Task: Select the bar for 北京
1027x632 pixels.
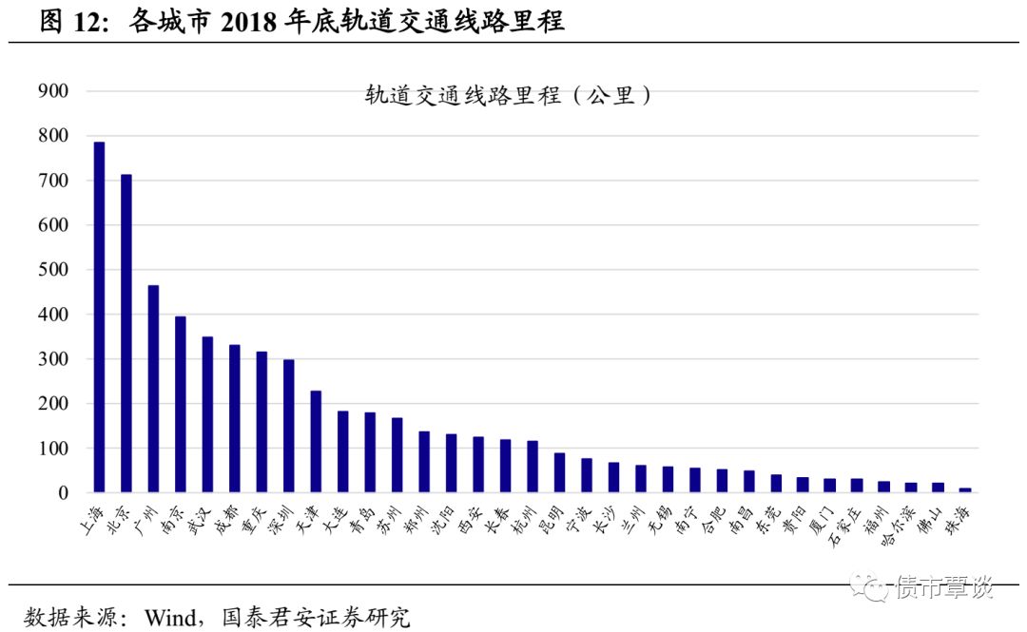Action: tap(126, 334)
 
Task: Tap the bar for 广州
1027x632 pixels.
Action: tap(153, 389)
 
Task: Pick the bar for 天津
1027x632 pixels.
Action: tap(316, 442)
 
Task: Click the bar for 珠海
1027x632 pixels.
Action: tap(965, 489)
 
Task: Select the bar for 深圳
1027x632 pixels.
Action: tap(289, 426)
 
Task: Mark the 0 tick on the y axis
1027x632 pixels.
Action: tap(64, 493)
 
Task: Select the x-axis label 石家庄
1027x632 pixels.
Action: tap(847, 525)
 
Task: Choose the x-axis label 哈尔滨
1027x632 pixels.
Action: tap(901, 525)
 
